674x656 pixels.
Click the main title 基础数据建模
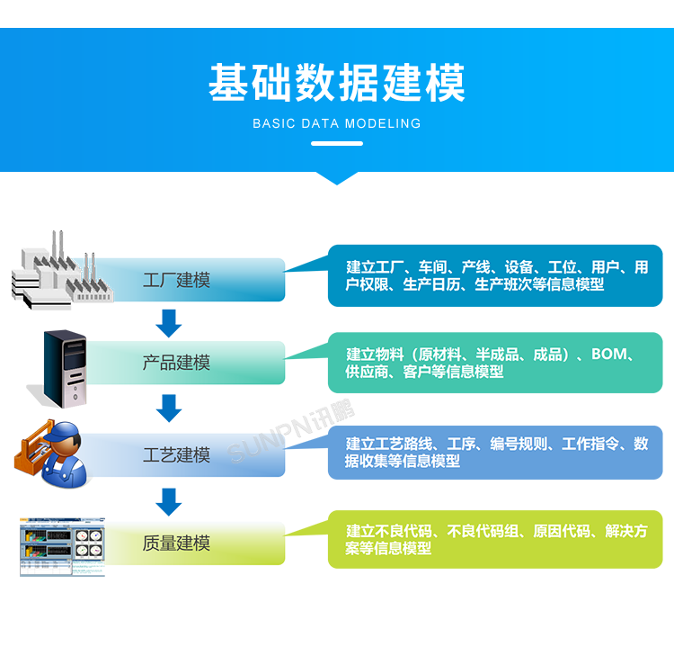tap(337, 83)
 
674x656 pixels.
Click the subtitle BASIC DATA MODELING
tap(337, 124)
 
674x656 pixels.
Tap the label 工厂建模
tap(176, 280)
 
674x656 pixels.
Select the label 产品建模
tap(176, 363)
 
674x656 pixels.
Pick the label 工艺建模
tap(176, 454)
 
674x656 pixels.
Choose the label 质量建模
tap(176, 543)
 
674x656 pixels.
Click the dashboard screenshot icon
tap(62, 546)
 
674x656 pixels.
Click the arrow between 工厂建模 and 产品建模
tap(169, 321)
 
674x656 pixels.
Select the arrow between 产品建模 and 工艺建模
tap(169, 408)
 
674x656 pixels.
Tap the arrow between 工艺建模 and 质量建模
tap(169, 500)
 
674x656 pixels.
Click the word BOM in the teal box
tap(609, 355)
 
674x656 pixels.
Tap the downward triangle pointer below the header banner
tap(337, 177)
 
